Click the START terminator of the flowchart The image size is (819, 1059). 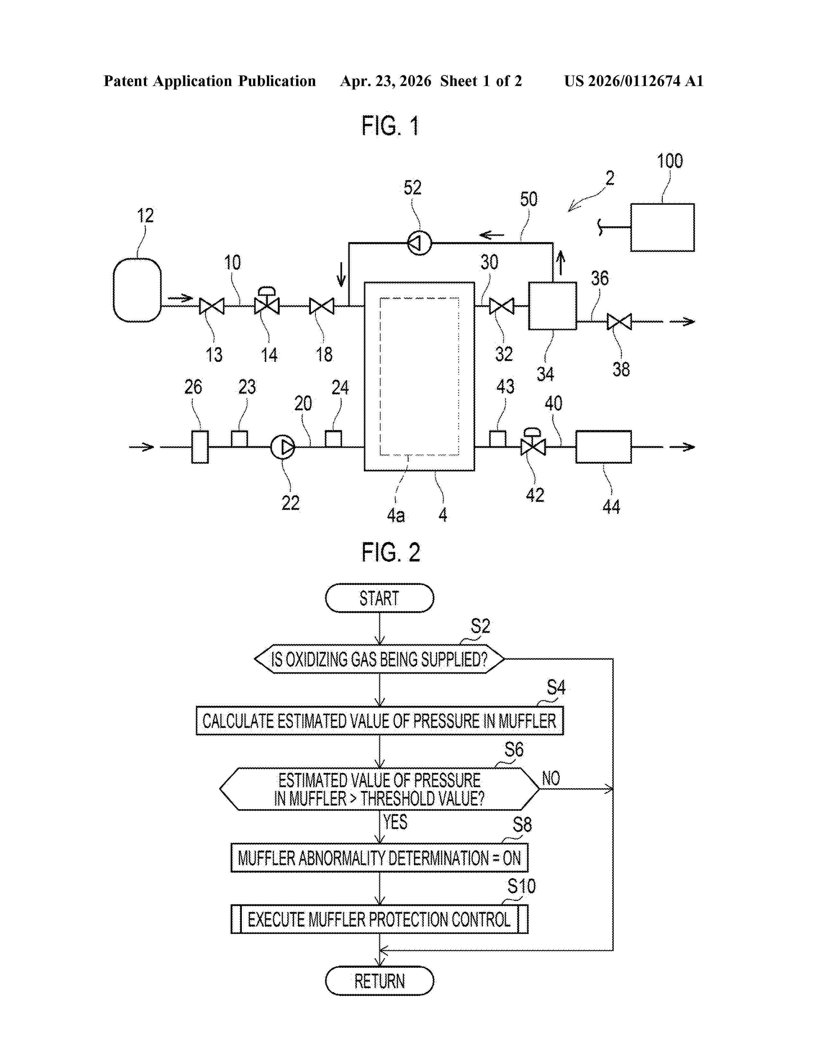[379, 598]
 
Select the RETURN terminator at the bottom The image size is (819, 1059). [379, 981]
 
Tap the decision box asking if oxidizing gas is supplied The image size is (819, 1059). [379, 659]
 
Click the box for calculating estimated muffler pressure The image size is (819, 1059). [379, 720]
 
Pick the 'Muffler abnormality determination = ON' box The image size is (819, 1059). [379, 858]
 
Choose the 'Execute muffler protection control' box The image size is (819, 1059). [379, 919]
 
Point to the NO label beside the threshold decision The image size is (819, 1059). [551, 778]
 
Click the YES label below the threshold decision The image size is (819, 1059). [395, 822]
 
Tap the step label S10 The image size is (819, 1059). [522, 886]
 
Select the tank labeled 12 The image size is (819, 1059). [137, 290]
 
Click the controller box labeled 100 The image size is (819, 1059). [662, 228]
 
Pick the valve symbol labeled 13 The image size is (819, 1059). [212, 306]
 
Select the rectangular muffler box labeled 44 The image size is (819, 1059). [603, 447]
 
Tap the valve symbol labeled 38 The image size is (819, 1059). [620, 322]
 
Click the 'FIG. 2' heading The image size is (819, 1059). [391, 552]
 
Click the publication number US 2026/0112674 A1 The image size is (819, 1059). [634, 81]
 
